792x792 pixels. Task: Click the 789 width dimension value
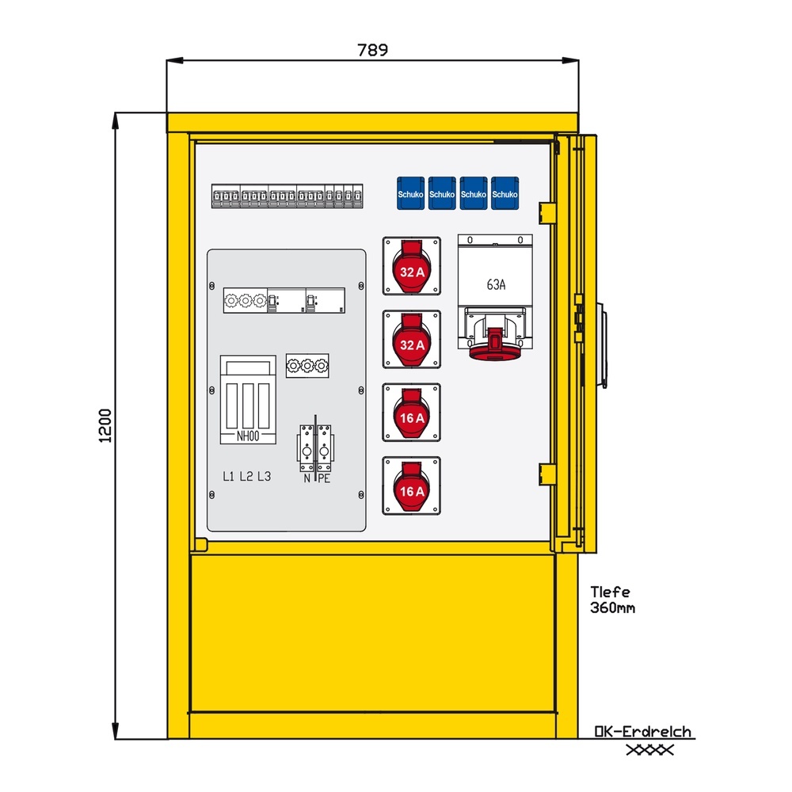tap(372, 51)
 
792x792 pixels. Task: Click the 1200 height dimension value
tap(106, 425)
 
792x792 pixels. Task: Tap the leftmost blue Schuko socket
tap(410, 193)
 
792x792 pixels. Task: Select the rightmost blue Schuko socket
tap(505, 193)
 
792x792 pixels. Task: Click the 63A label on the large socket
tap(496, 285)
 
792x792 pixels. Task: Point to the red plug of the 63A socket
tap(497, 345)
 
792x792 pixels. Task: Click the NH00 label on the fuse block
tap(248, 436)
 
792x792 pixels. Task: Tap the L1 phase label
tap(228, 476)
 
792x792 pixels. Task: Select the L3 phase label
tap(264, 476)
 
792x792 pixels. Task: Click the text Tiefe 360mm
tap(612, 600)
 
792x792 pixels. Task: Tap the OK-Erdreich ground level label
tap(643, 732)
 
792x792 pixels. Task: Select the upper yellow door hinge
tap(546, 211)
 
